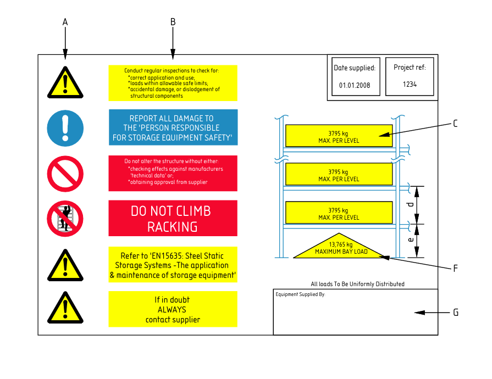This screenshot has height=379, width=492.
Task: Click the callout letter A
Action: point(65,22)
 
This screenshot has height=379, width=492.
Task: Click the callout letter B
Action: point(173,22)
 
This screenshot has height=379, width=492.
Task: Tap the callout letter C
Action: point(455,124)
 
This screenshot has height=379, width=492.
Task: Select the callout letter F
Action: point(455,269)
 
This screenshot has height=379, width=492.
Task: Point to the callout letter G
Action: point(456,313)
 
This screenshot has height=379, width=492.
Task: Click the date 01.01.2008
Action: point(355,85)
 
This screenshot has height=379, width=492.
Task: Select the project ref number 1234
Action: point(410,85)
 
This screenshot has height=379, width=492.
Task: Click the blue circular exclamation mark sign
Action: point(65,128)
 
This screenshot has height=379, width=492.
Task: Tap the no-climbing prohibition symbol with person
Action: point(65,219)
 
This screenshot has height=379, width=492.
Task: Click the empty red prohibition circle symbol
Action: point(65,174)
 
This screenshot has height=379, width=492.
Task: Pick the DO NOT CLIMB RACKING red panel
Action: point(173,218)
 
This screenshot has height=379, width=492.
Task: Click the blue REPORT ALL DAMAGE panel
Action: point(173,127)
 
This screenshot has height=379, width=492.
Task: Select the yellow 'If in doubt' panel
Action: point(173,309)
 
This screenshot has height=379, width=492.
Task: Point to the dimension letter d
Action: point(410,205)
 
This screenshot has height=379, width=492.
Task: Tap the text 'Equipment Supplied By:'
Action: point(300,294)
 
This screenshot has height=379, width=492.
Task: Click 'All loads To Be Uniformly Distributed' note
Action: point(357,284)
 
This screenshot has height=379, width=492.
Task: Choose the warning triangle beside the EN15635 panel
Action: point(65,265)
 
